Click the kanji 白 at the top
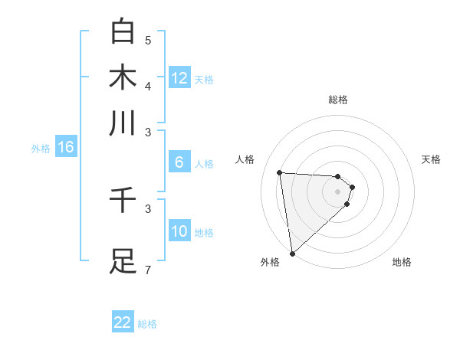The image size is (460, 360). (123, 31)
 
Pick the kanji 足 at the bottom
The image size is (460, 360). (123, 260)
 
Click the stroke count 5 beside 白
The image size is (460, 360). (148, 41)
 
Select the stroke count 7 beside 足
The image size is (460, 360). (148, 270)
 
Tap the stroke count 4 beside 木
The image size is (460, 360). (148, 86)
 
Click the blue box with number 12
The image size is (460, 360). (179, 78)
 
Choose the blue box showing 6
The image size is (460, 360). (179, 162)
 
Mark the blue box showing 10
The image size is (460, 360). (179, 231)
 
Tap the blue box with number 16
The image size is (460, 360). (66, 147)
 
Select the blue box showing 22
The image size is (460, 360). (123, 322)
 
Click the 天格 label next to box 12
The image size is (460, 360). (204, 80)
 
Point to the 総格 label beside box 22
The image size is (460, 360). (147, 324)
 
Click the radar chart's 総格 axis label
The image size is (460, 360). (338, 100)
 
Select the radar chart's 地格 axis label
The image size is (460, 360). (402, 263)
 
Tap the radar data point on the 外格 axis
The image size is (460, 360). (292, 254)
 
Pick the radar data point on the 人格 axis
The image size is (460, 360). (280, 173)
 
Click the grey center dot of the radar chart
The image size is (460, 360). (338, 191)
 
